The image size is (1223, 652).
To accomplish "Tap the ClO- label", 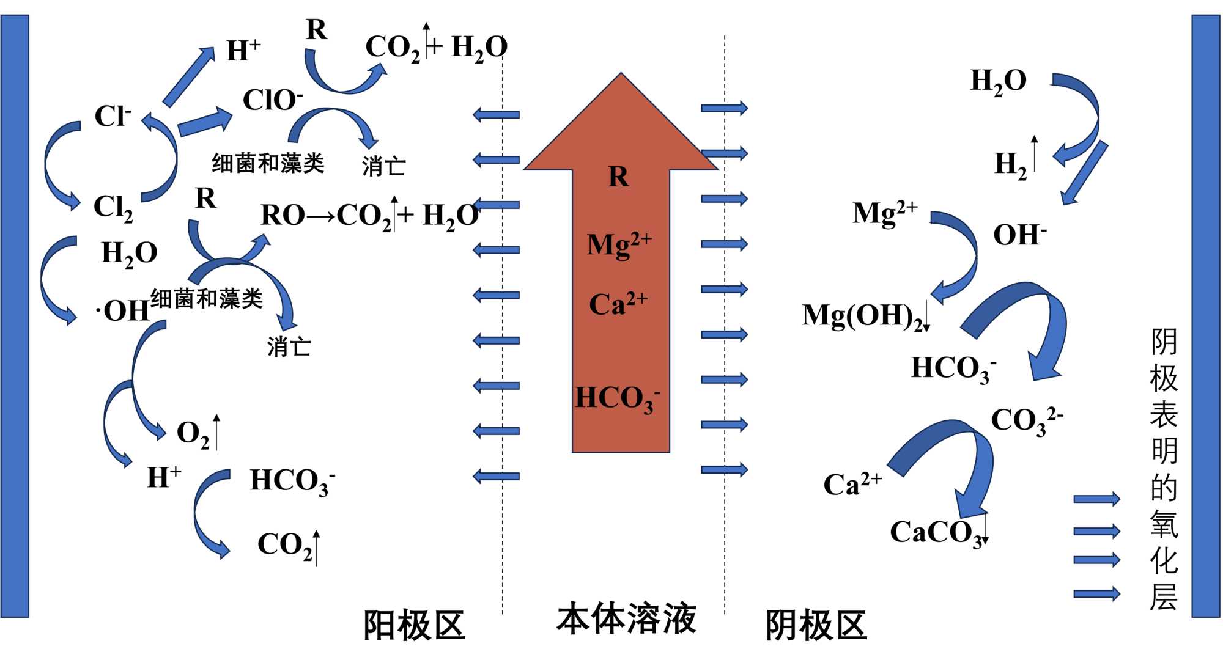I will click(272, 100).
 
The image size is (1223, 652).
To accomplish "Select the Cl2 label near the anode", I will click(113, 207).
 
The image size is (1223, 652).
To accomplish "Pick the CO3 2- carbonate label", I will click(1025, 420).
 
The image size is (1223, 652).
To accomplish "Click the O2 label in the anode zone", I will click(193, 433).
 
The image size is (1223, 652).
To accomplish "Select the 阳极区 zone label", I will click(414, 625).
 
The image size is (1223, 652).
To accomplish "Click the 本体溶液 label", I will click(626, 618).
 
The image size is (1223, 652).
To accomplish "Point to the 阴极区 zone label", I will click(816, 625).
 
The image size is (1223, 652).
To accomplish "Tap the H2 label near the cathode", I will click(1011, 164).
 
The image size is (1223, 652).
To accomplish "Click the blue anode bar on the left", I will click(15, 315).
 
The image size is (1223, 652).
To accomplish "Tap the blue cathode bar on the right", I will click(1206, 315).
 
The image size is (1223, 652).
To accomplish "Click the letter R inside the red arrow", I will click(619, 177).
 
